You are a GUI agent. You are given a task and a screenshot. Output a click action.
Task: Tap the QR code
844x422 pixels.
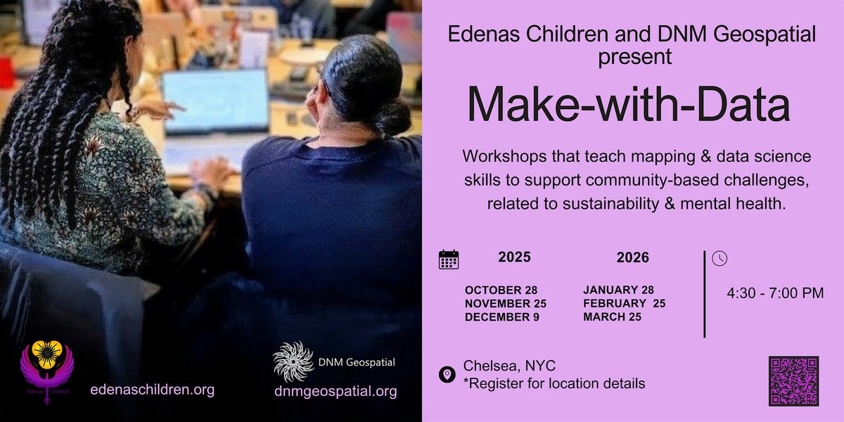click(793, 381)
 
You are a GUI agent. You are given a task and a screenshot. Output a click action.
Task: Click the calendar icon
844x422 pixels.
click(449, 260)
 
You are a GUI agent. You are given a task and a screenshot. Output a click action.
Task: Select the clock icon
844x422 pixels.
click(719, 258)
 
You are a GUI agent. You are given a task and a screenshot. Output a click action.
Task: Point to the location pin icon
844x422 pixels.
click(447, 375)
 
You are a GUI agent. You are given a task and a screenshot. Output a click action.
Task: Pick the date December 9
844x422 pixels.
click(501, 317)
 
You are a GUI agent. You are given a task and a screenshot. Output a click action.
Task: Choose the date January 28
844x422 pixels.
click(619, 290)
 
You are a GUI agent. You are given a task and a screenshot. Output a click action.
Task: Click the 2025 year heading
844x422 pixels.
click(514, 257)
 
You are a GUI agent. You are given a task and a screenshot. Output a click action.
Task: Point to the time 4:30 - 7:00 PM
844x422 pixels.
click(775, 293)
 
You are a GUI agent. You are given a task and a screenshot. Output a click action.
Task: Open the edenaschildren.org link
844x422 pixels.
click(152, 390)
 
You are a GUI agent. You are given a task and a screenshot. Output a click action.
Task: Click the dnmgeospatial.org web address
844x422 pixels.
click(335, 392)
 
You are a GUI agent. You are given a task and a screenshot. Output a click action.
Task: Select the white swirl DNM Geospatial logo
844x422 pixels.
click(293, 361)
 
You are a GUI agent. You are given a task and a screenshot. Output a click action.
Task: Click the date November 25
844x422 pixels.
click(505, 304)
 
